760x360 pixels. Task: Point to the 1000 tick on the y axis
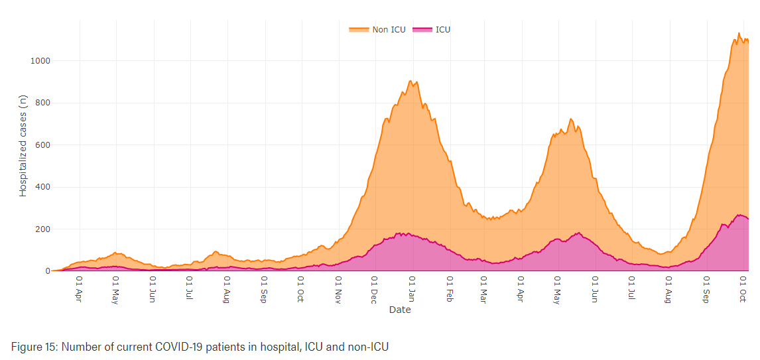40,61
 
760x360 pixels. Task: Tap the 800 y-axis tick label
42,103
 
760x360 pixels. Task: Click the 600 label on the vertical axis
42,145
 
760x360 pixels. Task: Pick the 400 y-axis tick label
42,187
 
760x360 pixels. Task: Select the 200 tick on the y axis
42,229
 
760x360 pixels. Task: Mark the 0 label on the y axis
48,271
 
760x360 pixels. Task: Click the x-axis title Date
400,310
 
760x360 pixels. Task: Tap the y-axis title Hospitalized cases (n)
23,145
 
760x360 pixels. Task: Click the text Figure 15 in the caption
32,346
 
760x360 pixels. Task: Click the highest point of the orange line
739,33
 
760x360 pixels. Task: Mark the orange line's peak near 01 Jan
411,81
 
